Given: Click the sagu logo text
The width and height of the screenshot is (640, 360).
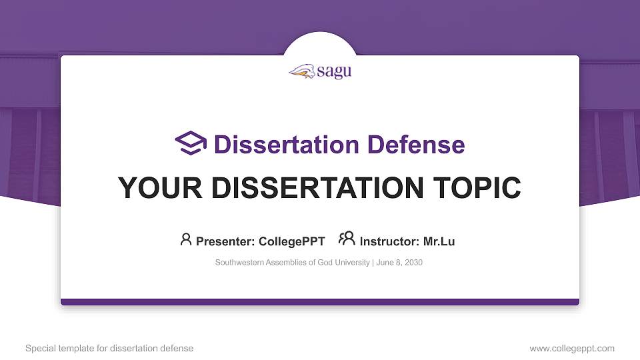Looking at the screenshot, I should coord(334,72).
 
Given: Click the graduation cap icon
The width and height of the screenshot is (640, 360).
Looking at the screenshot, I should coord(191,143).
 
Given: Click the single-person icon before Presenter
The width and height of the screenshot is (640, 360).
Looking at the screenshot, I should coord(186,239).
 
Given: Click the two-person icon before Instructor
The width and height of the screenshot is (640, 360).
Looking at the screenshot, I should coord(347,239).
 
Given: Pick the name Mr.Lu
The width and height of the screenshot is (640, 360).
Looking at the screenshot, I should coord(439,241).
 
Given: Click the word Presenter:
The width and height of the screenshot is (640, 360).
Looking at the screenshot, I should coord(225,241).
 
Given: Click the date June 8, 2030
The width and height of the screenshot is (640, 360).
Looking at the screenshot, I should coord(399,263).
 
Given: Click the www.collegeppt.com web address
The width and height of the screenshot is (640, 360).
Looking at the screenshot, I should coord(571,348).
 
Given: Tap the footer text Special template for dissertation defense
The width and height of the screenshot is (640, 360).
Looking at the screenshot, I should coord(109,348).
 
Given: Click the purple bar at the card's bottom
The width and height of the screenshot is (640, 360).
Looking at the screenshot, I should coord(320,302).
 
